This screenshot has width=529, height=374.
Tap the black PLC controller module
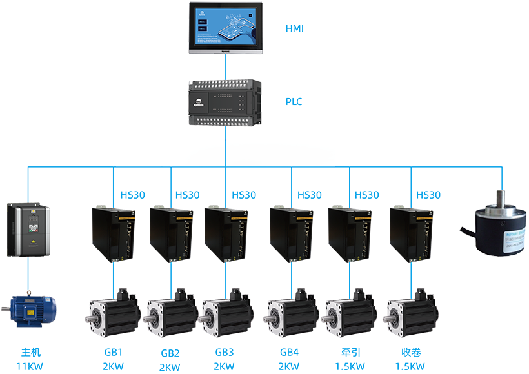point(225,103)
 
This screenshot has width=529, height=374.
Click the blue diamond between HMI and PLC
point(225,64)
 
